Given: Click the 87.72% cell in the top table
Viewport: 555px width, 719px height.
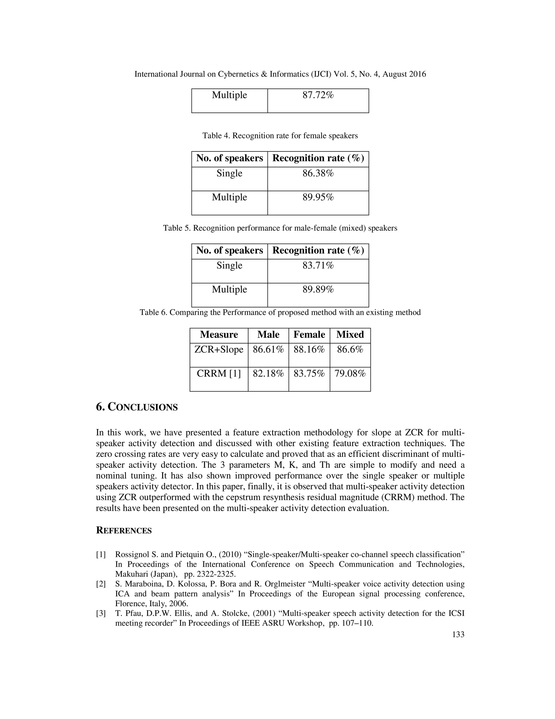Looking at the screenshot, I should pyautogui.click(x=318, y=95).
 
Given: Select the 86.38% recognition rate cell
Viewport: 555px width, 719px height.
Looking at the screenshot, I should pyautogui.click(x=318, y=173).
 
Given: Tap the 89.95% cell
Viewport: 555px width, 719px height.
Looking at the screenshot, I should pyautogui.click(x=318, y=197).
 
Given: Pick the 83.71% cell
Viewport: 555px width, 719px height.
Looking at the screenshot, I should pyautogui.click(x=318, y=265).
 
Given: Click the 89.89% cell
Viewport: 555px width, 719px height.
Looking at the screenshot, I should pyautogui.click(x=318, y=289).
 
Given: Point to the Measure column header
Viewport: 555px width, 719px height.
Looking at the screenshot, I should pyautogui.click(x=219, y=335).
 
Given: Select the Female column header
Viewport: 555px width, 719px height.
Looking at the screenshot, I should pyautogui.click(x=309, y=335).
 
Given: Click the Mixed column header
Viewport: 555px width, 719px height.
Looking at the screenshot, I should pyautogui.click(x=350, y=335).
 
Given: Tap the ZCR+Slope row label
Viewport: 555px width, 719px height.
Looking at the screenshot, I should pyautogui.click(x=219, y=349).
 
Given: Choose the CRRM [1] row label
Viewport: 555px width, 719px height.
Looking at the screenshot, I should pyautogui.click(x=219, y=373).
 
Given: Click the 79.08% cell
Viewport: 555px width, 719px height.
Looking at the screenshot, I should pyautogui.click(x=350, y=373).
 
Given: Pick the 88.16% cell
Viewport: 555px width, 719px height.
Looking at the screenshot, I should pyautogui.click(x=309, y=349).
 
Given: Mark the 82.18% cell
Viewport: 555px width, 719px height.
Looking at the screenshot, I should pyautogui.click(x=268, y=373).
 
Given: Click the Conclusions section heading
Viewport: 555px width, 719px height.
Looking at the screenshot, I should pyautogui.click(x=137, y=407).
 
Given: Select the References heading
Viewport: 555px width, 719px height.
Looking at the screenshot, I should pyautogui.click(x=124, y=531).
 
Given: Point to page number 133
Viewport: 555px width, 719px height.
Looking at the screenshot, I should pyautogui.click(x=458, y=634).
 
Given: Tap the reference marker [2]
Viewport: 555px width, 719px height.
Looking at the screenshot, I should pyautogui.click(x=101, y=584).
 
